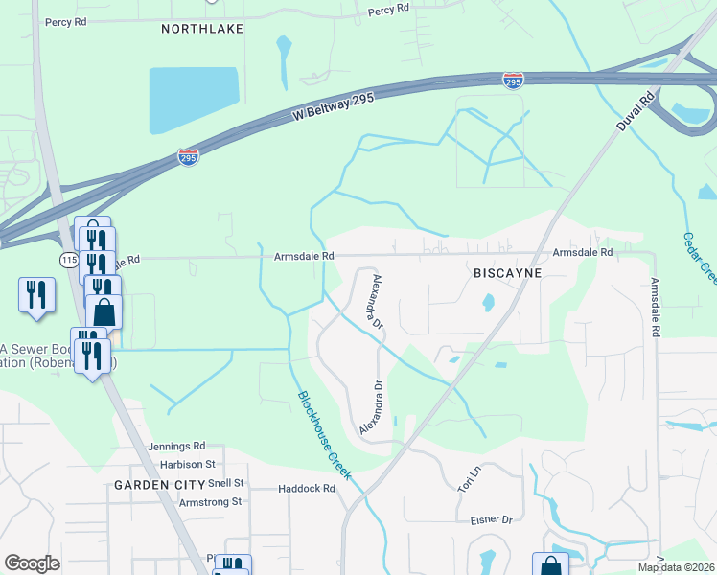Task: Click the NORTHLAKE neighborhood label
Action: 201,29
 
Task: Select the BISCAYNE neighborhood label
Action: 508,273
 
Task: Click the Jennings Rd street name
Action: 177,447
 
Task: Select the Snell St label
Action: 226,483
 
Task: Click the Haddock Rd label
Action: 307,489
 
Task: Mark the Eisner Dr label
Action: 492,519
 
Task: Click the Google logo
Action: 32,563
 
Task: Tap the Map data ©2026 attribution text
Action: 676,567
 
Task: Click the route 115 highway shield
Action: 68,260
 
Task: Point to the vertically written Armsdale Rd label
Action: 656,307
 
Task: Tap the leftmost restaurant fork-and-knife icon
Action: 36,294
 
